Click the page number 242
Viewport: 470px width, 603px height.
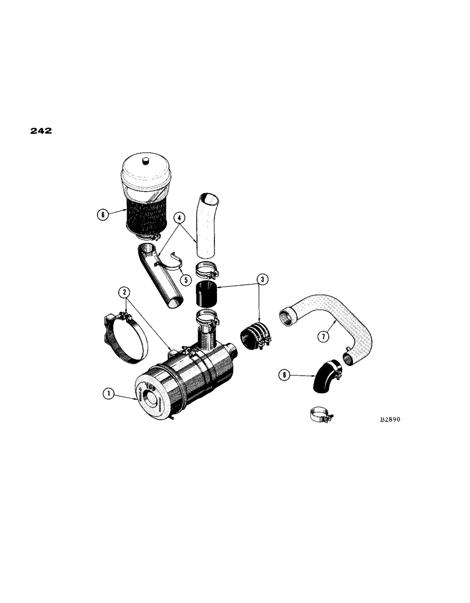pos(40,130)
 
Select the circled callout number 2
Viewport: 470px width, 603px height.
pos(124,292)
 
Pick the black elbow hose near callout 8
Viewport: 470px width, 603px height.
pos(325,375)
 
